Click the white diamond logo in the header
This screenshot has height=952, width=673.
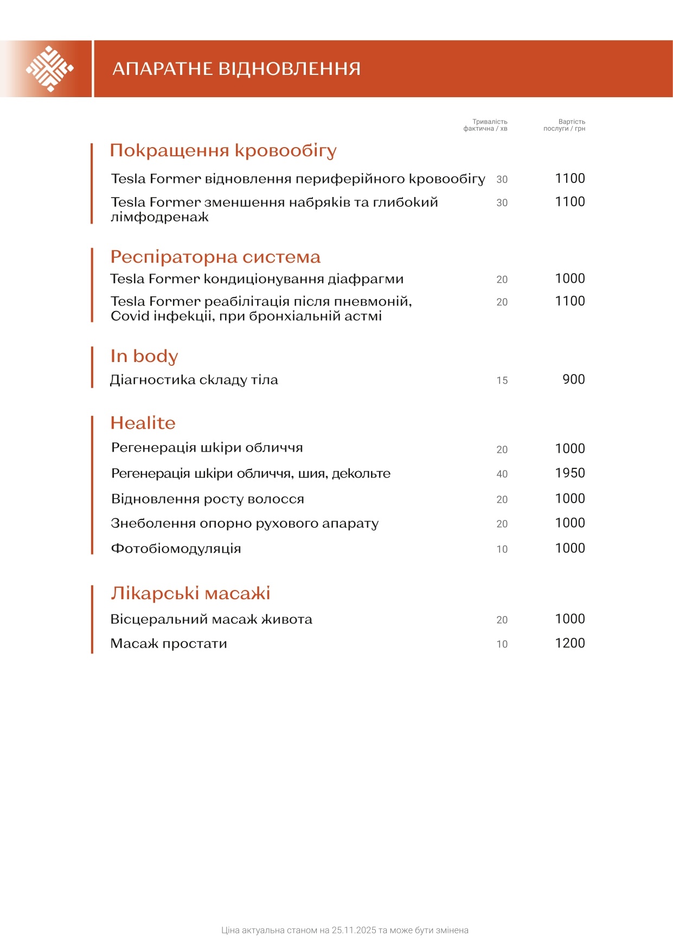pos(49,69)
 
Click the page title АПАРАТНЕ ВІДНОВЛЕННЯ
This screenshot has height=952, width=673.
pos(236,69)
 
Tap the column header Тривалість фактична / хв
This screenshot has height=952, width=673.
pos(486,125)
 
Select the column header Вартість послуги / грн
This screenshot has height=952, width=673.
pos(565,125)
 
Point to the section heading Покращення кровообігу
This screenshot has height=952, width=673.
pos(223,150)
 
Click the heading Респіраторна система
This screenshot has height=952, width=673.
pos(215,257)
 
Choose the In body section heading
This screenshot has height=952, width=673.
pos(144,356)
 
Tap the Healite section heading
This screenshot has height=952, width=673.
pos(143,423)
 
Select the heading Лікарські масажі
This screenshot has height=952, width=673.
pos(190,593)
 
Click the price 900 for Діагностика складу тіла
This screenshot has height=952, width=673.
pos(574,379)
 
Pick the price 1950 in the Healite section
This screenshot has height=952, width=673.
pos(570,473)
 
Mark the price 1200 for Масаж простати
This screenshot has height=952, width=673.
pos(570,643)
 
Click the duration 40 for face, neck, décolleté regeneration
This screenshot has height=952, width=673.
pos(502,474)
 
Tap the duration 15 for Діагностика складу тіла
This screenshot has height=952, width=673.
pos(502,380)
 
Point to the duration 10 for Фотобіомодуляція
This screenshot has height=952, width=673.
pos(502,549)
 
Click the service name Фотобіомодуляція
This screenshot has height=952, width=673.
pos(176,549)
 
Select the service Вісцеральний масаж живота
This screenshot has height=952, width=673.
pos(211,619)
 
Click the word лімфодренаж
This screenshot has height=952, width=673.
pos(160,217)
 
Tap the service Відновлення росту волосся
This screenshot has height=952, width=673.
pos(208,499)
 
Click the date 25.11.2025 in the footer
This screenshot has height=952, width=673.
pos(354,930)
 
